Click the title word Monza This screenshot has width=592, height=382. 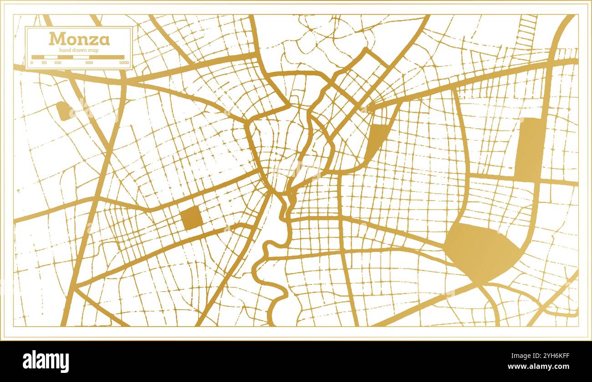[79, 39]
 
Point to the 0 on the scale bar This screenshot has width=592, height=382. [32, 63]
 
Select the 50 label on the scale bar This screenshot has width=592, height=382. [44, 63]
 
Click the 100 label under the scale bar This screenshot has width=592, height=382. [58, 63]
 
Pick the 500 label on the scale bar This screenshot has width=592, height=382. [89, 63]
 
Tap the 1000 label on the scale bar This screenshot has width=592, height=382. [123, 63]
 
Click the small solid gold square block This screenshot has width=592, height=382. [192, 218]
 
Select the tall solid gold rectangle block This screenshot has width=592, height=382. [529, 147]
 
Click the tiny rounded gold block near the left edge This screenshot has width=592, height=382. [64, 111]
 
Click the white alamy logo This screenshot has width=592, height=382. [46, 362]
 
